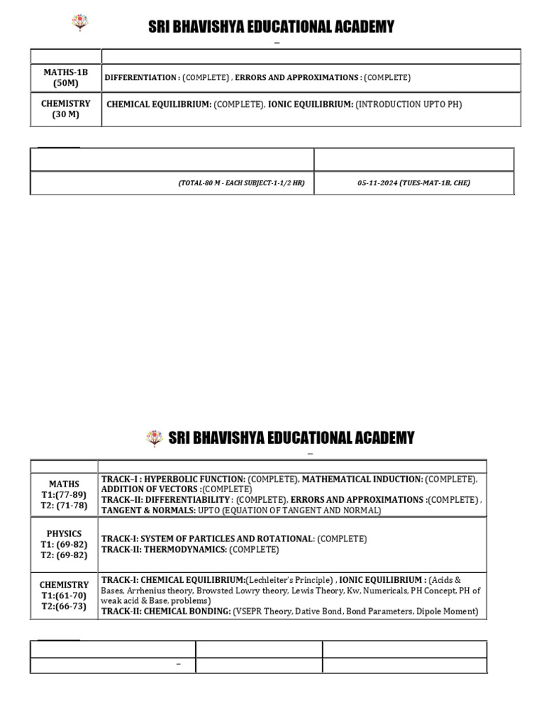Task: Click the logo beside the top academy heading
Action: [80, 23]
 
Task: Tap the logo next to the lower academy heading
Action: [154, 439]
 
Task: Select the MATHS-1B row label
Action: [65, 78]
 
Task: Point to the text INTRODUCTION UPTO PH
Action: [410, 105]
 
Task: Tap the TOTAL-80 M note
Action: [241, 183]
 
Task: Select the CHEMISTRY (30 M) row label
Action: [65, 109]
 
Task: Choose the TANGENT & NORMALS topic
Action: [146, 510]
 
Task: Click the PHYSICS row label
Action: [64, 534]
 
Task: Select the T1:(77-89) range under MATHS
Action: [64, 494]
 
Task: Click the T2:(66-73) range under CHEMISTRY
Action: [64, 607]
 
